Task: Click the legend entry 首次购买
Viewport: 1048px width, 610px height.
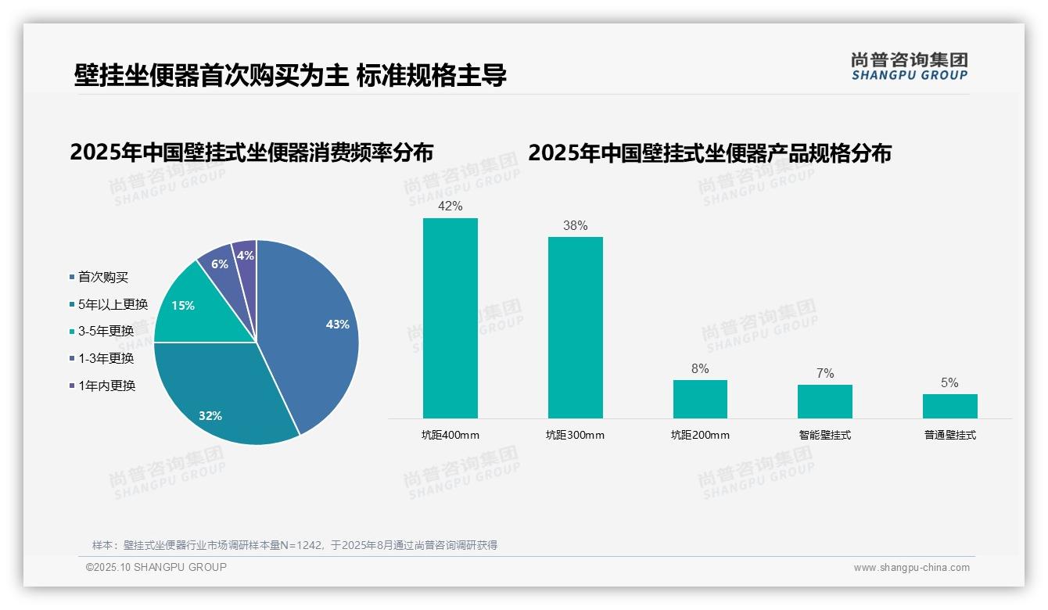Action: point(102,277)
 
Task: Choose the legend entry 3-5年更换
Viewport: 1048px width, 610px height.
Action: point(106,331)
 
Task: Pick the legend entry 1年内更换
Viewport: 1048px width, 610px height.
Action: point(106,386)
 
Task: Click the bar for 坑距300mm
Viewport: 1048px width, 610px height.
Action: point(575,328)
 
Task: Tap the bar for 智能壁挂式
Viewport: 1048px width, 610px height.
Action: point(824,401)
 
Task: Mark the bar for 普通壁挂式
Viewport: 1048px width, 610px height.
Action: point(949,406)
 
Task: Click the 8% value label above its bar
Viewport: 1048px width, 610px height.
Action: point(700,368)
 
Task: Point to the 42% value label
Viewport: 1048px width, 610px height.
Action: point(450,206)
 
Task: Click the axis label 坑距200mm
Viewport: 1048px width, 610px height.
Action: point(700,435)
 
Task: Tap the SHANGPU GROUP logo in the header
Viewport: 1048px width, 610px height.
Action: point(909,66)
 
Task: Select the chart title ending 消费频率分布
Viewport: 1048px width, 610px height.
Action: point(251,152)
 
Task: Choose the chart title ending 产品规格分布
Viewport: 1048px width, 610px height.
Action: point(709,152)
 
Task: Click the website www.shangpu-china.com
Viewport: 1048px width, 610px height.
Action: point(911,568)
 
